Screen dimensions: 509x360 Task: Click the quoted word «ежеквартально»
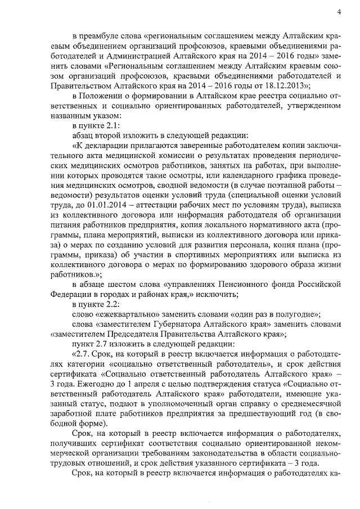tap(124, 314)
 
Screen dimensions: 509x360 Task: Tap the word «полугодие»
tap(295, 314)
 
